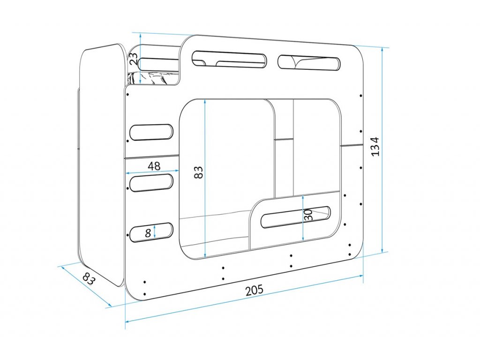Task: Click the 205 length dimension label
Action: [254, 290]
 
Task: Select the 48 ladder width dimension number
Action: [154, 166]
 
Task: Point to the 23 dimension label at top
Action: [134, 59]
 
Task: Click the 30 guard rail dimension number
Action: [308, 216]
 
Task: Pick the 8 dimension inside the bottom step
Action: [148, 232]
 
